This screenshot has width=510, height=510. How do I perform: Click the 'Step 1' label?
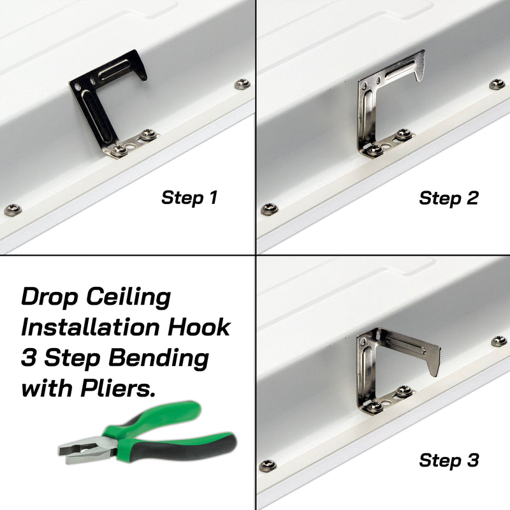coord(189,198)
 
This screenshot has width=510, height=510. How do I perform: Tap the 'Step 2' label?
coord(449,198)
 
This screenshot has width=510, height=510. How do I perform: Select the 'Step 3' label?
coord(449,460)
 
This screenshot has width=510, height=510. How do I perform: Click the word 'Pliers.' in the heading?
coord(118,388)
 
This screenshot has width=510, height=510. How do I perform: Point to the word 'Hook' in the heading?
coord(199,327)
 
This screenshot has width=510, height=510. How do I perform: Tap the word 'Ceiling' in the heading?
coord(129,298)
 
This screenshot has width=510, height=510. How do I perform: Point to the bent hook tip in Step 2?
coord(419,70)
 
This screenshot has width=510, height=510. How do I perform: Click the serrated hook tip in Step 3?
coord(433,361)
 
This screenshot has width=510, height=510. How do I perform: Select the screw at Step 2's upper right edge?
coord(497,84)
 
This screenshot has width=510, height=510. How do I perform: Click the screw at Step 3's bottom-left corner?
coord(267,465)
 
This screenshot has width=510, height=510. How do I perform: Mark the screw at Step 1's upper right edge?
coord(243,84)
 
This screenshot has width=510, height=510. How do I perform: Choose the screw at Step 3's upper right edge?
coord(499,341)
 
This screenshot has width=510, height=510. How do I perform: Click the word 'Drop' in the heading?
coord(50,298)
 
